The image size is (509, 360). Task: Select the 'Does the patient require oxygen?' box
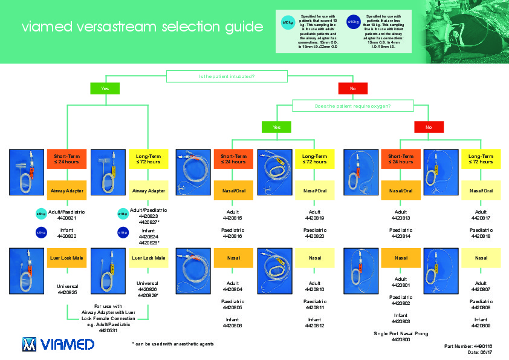pyautogui.click(x=352, y=106)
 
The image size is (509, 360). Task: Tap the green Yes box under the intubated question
pyautogui.click(x=105, y=88)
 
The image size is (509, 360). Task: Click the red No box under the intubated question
pyautogui.click(x=353, y=88)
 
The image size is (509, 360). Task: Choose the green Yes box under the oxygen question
pyautogui.click(x=276, y=127)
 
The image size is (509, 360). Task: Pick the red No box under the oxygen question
pyautogui.click(x=429, y=127)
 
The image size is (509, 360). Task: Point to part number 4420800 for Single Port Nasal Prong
pyautogui.click(x=400, y=340)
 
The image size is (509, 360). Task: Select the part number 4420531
pyautogui.click(x=108, y=330)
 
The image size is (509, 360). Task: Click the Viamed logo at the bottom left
pyautogui.click(x=59, y=344)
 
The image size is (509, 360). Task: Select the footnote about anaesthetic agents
pyautogui.click(x=172, y=344)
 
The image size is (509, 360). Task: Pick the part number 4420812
pyautogui.click(x=314, y=326)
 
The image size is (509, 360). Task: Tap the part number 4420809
pyautogui.click(x=481, y=326)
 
